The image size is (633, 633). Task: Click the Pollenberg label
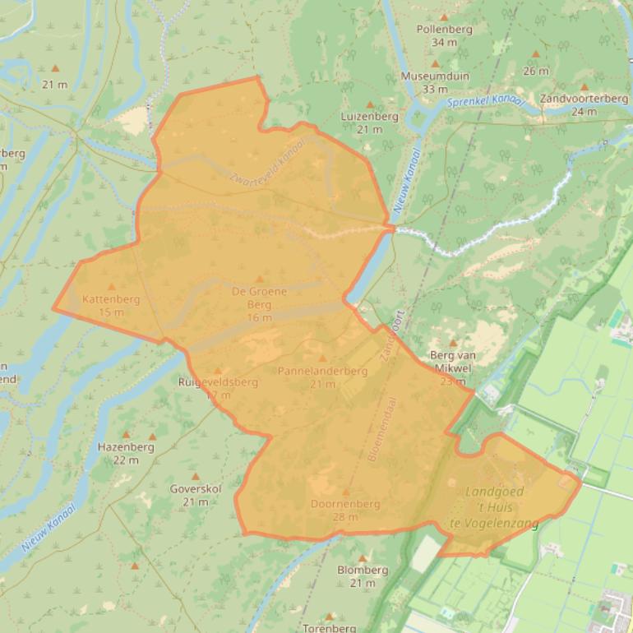[x=444, y=30]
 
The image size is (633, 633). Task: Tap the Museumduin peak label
[x=435, y=76]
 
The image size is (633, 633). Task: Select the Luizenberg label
[x=370, y=117]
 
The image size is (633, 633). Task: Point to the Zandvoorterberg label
[x=584, y=99]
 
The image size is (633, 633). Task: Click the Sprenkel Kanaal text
[x=486, y=103]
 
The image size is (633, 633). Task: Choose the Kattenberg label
[x=111, y=300]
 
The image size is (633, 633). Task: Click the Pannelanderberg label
[x=322, y=372]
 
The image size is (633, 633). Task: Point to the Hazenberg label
[x=126, y=448]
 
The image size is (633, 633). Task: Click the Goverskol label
[x=196, y=490]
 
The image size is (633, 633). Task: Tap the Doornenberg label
[x=345, y=504]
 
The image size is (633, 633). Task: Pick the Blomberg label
[x=363, y=571]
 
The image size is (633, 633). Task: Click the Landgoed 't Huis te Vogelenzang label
[x=495, y=507]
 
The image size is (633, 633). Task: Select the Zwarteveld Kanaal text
[x=268, y=163]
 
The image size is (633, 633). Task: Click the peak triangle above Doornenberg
[x=346, y=492]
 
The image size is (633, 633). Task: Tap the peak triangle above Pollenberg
[x=444, y=17]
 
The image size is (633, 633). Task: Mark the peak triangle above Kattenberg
[x=112, y=287]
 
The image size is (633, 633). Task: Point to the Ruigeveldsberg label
[x=218, y=382]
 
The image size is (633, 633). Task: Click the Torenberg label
[x=330, y=628]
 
